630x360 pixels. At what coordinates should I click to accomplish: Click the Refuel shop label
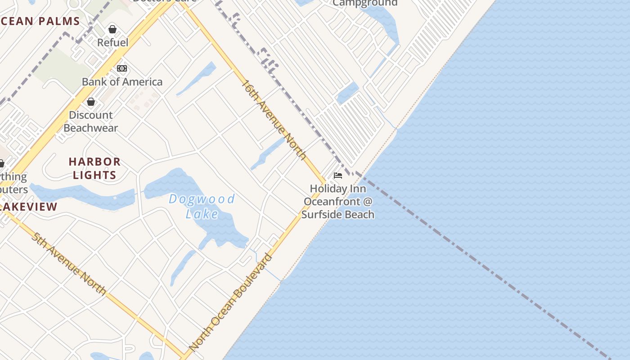tap(113, 43)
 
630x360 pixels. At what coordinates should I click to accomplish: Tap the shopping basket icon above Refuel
tap(112, 30)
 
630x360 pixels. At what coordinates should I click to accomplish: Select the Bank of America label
tap(122, 82)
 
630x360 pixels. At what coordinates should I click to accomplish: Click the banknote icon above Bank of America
tap(122, 68)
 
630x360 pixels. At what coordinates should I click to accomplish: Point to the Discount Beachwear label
tap(91, 121)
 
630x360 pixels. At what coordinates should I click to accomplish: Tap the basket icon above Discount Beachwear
tap(91, 102)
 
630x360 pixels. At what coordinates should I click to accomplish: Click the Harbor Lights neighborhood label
tap(94, 168)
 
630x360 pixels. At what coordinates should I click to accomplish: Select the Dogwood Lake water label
tap(202, 206)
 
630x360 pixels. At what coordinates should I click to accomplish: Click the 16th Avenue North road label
tap(274, 120)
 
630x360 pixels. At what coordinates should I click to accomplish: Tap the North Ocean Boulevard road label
tap(231, 303)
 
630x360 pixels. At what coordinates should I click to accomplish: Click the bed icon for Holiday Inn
tap(338, 175)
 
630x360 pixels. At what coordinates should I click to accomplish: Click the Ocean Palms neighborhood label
tap(40, 21)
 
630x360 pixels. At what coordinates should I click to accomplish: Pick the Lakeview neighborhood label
tap(29, 207)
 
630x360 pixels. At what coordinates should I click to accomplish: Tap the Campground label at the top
tap(365, 3)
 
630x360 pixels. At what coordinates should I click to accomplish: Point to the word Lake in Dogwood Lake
tap(202, 214)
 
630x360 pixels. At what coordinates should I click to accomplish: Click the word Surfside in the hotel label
tap(319, 214)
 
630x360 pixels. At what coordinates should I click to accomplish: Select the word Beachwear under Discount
tap(91, 128)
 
